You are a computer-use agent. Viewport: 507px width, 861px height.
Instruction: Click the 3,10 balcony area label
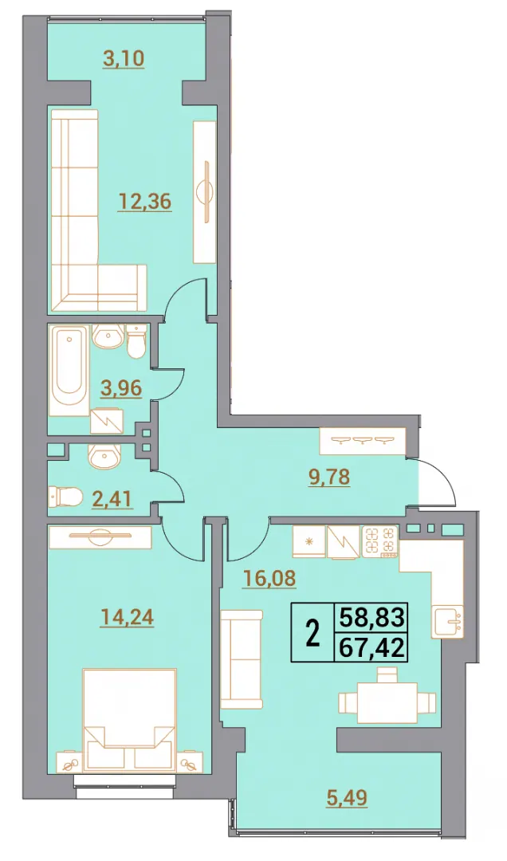[124, 58]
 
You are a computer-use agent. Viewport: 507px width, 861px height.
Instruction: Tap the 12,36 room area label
[144, 202]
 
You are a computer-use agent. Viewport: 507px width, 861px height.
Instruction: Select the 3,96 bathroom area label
[121, 389]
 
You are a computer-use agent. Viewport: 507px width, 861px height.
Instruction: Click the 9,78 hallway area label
[328, 477]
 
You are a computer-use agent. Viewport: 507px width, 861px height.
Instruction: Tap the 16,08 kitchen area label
[269, 577]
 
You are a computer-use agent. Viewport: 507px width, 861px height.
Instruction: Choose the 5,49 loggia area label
[346, 797]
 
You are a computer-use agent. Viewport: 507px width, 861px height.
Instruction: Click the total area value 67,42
[372, 648]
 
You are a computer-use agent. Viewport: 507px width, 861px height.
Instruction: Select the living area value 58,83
[372, 617]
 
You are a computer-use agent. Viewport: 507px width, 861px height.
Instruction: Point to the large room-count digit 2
[313, 634]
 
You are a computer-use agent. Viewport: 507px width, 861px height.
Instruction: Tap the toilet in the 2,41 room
[65, 497]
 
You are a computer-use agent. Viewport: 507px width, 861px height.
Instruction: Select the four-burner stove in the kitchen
[379, 543]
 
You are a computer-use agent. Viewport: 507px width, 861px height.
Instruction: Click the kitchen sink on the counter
[449, 621]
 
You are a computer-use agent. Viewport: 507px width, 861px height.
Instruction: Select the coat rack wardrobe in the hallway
[363, 442]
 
